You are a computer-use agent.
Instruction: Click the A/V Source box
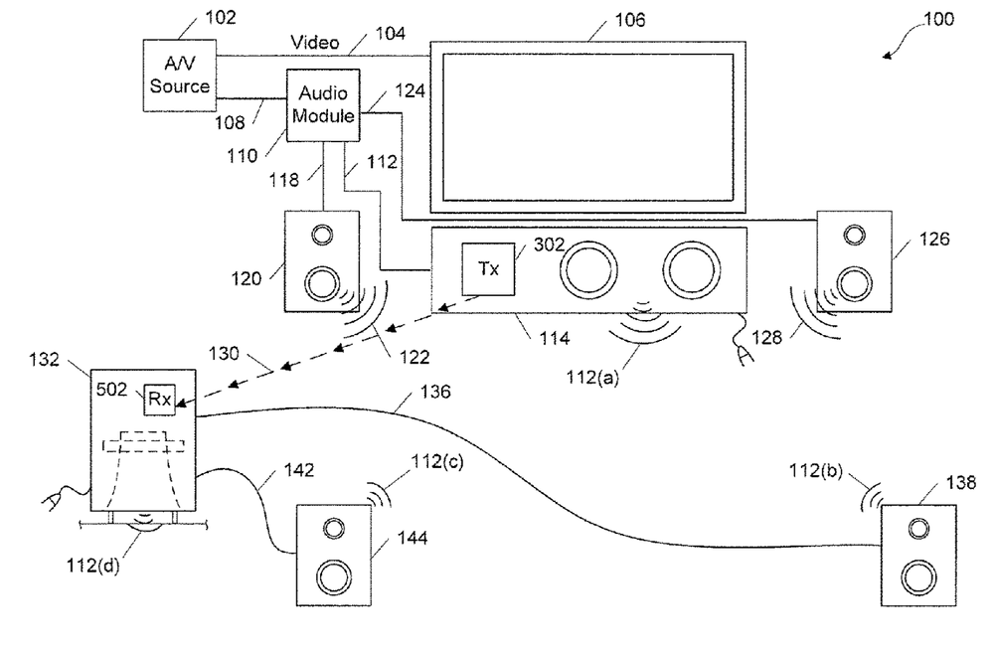pos(179,77)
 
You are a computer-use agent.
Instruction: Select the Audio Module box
pos(323,105)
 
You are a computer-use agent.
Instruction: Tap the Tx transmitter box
pos(488,269)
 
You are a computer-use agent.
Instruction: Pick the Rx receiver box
pos(159,400)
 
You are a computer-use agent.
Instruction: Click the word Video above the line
pos(314,43)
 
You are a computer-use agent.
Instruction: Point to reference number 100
pos(938,19)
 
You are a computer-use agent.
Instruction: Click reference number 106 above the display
pos(630,20)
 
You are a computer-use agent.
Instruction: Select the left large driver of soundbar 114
pos(588,269)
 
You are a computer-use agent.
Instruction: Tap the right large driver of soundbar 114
pos(692,269)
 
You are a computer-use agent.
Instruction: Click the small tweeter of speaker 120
pos(323,236)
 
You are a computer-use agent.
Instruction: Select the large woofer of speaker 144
pos(333,576)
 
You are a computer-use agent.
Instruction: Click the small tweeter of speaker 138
pos(917,528)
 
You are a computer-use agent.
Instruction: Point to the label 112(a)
pos(592,378)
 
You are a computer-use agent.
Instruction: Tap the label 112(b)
pos(815,471)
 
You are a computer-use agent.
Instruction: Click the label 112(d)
pos(92,565)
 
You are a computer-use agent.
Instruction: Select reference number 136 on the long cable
pos(435,392)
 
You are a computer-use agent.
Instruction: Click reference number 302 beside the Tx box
pos(549,245)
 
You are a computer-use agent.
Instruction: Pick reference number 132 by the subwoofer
pos(44,360)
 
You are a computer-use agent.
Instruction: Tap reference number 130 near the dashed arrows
pos(224,353)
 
